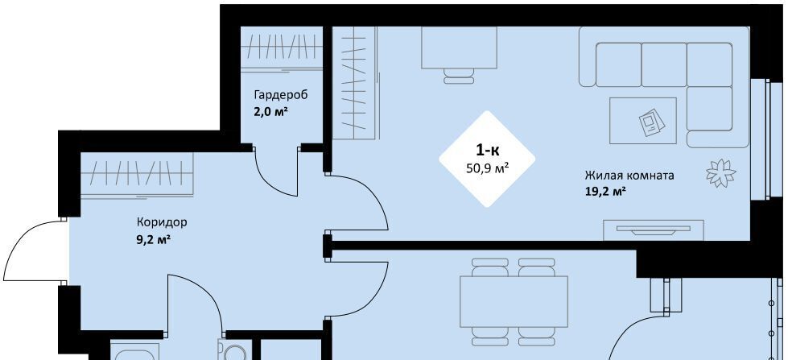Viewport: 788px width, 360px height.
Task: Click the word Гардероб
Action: click(280, 95)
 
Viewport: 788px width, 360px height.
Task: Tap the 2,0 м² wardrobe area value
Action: click(271, 111)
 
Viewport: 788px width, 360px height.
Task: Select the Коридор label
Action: click(162, 221)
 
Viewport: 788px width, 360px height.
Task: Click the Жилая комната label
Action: click(629, 176)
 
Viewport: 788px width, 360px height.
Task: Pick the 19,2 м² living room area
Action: click(605, 192)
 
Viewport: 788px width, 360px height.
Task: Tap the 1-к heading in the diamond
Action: click(488, 149)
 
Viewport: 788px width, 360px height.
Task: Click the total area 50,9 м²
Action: click(488, 168)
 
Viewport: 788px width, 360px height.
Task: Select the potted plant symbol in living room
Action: click(720, 173)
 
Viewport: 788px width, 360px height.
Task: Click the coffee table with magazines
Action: click(643, 120)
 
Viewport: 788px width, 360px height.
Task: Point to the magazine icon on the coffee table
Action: click(651, 121)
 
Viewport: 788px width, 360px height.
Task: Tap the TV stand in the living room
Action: click(654, 230)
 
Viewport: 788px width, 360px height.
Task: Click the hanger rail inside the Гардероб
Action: click(282, 48)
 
